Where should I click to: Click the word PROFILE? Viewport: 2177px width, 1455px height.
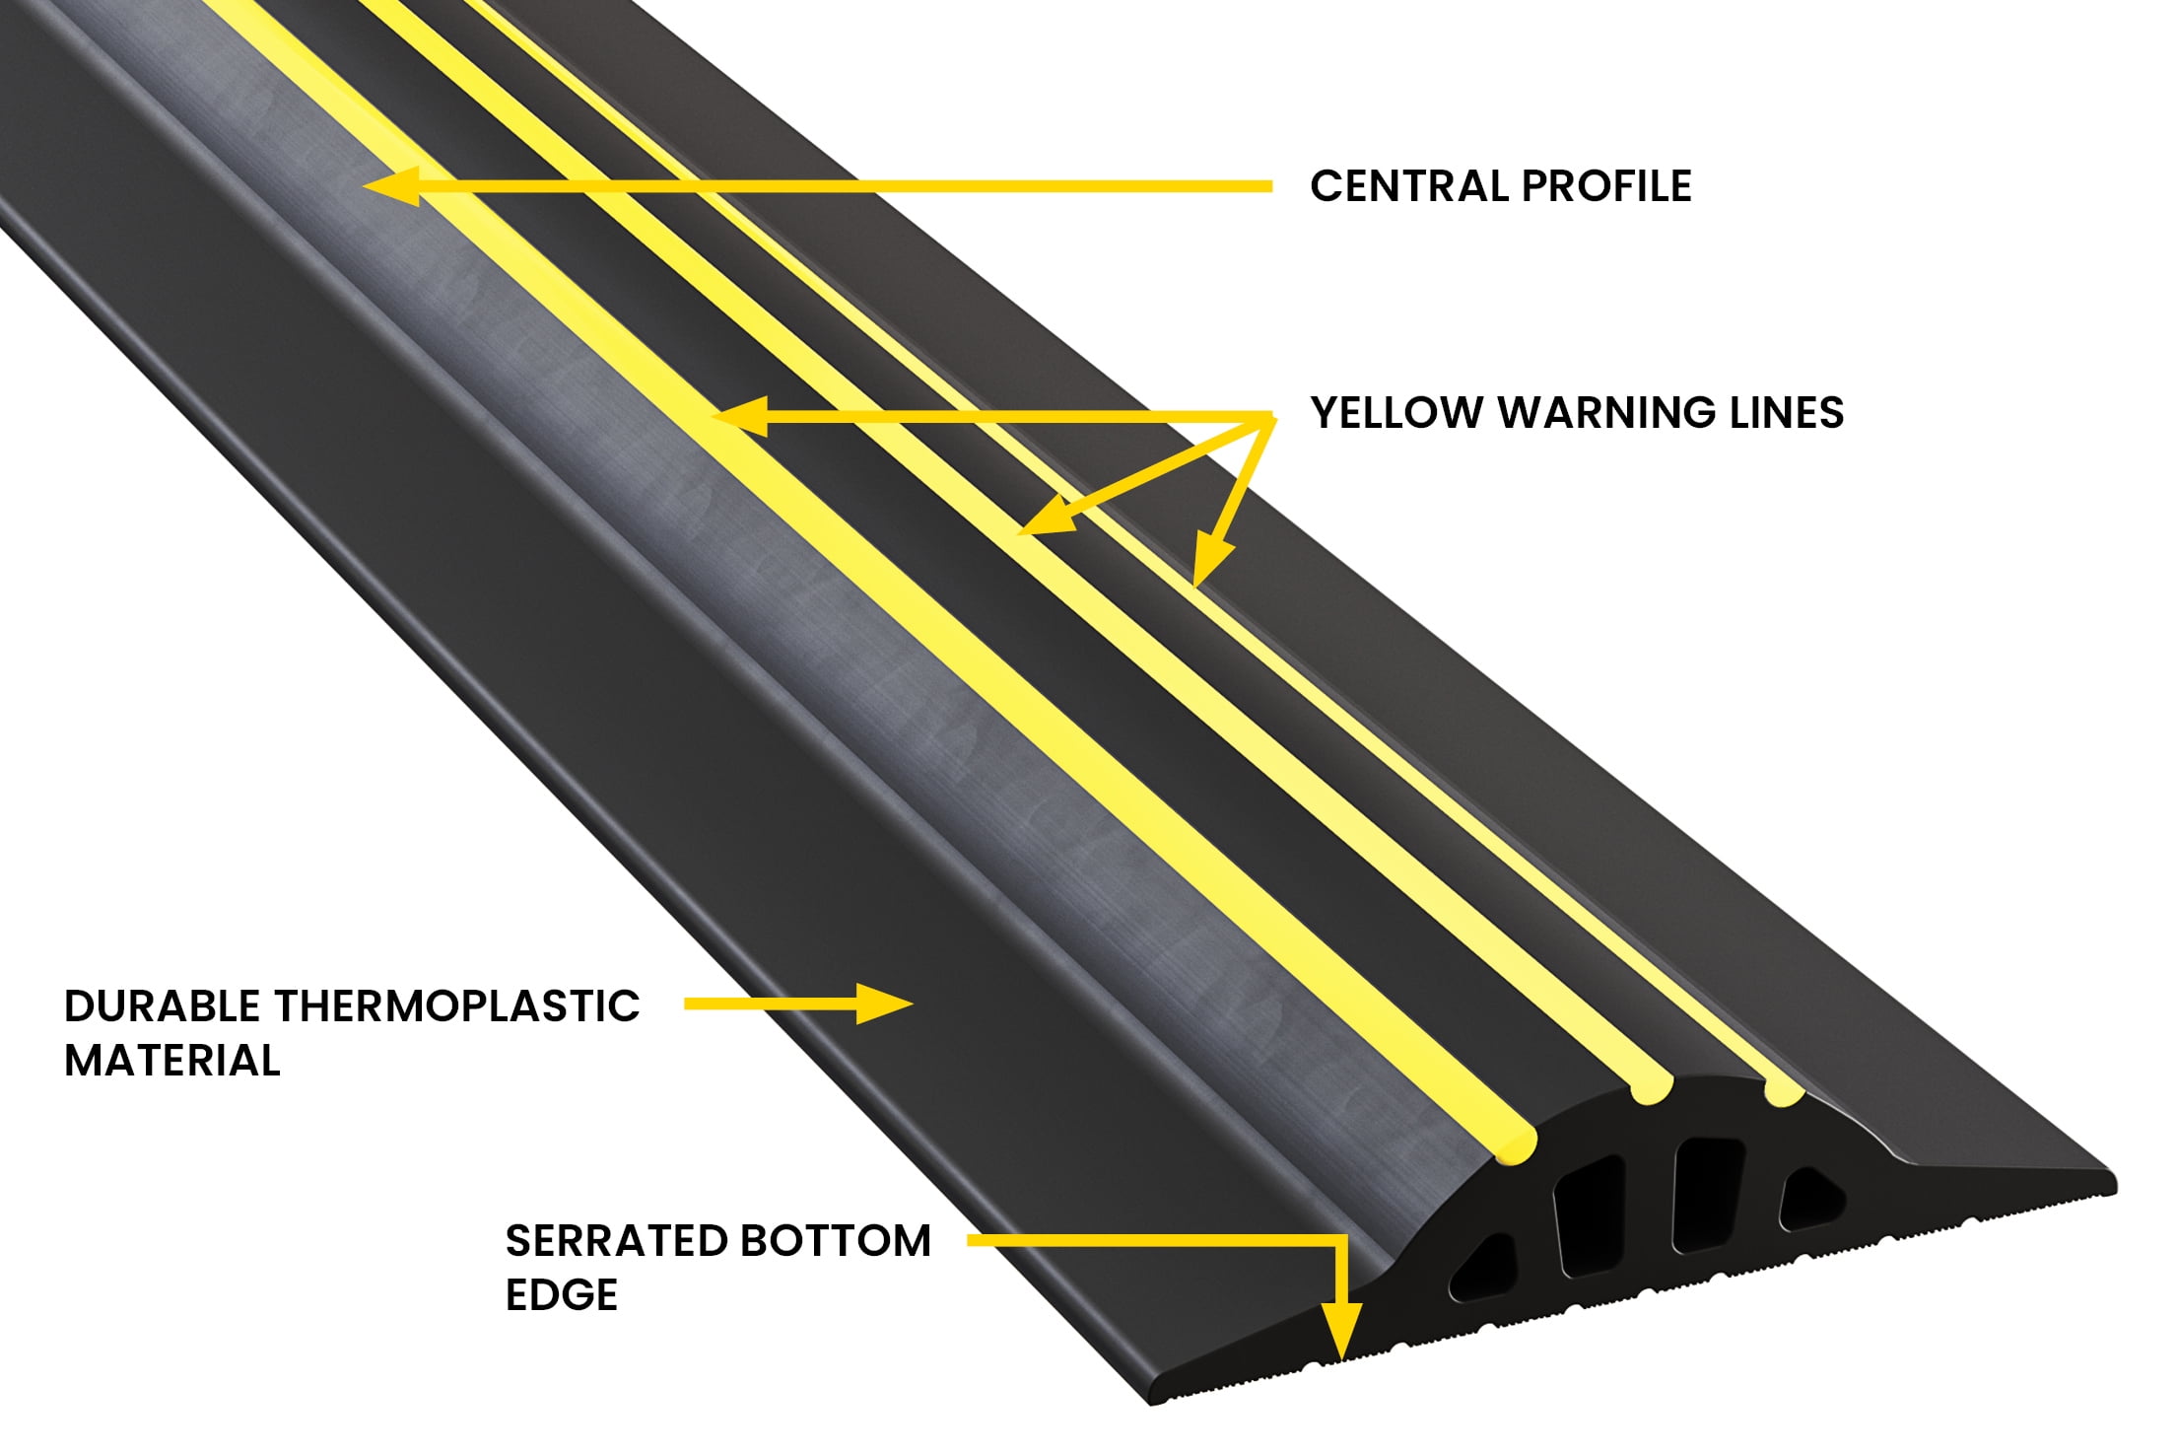click(1606, 186)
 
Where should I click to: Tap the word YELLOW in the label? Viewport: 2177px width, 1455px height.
click(1396, 412)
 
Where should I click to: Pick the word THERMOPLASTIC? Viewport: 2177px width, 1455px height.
click(457, 1006)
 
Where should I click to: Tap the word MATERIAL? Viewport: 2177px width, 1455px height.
click(172, 1061)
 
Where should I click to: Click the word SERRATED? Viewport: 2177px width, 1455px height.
click(615, 1241)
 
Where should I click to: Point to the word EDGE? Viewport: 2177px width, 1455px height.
click(562, 1294)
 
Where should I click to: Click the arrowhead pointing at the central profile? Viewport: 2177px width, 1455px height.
click(391, 185)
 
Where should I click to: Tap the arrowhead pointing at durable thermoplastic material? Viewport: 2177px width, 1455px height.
click(884, 1004)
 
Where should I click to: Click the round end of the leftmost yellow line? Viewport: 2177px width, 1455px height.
click(1516, 1143)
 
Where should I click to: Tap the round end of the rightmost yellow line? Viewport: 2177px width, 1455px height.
click(1784, 1091)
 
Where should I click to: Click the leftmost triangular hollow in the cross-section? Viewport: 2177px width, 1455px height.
click(1483, 1266)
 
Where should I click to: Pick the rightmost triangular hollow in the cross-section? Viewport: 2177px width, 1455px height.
click(1811, 1197)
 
